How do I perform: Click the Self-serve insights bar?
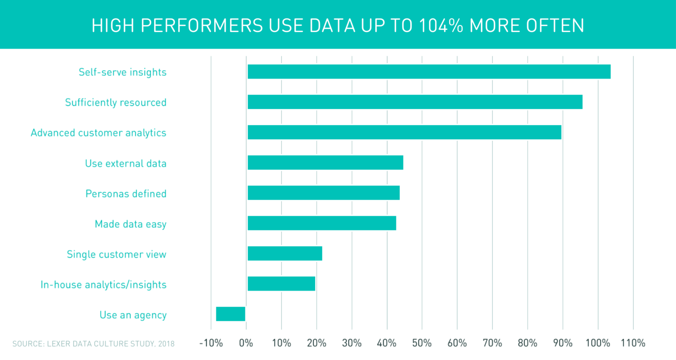429,72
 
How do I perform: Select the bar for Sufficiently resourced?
415,102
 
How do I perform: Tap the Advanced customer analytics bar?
404,132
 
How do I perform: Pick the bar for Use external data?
325,162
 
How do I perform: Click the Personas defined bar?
323,193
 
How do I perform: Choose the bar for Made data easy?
322,223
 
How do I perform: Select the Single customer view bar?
285,253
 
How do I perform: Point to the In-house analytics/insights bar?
281,284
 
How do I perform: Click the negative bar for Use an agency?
231,314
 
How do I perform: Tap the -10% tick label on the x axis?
211,343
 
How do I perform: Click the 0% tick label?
246,343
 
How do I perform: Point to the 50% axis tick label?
422,343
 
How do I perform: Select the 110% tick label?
633,343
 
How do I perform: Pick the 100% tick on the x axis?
598,343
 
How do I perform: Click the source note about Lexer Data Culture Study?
93,344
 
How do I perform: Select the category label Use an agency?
133,315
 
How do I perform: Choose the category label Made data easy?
130,224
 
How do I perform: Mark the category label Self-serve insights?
122,72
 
